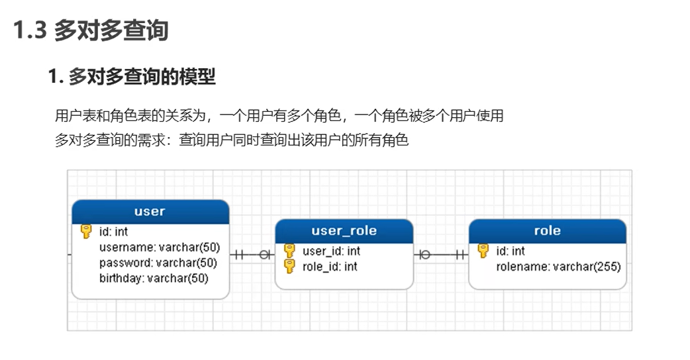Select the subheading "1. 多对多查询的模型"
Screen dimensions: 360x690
click(132, 77)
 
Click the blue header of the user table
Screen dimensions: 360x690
click(150, 212)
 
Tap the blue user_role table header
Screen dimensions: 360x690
click(344, 231)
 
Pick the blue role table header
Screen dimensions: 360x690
click(547, 231)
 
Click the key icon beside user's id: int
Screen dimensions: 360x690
click(86, 232)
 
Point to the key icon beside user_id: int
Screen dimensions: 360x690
click(289, 251)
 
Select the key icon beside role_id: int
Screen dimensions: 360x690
click(289, 266)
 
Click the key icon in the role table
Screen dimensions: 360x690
click(483, 251)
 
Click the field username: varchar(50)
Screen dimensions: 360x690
click(159, 247)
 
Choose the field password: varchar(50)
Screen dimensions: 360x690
click(158, 263)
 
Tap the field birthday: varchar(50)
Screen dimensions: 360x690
click(154, 279)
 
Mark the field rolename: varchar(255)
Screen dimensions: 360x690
click(558, 267)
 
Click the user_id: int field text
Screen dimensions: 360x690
click(331, 251)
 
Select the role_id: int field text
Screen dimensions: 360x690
click(330, 266)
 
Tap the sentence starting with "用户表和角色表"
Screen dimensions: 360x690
click(279, 116)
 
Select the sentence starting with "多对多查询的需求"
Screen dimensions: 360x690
click(232, 140)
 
